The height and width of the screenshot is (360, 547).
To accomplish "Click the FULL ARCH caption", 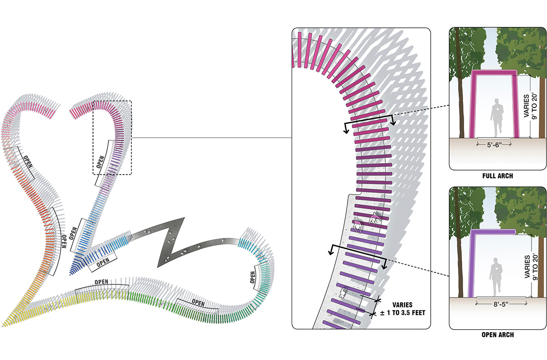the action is pos(497,176).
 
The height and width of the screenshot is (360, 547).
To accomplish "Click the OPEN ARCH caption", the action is pos(497,334).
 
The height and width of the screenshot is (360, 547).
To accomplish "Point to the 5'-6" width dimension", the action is pos(494,145).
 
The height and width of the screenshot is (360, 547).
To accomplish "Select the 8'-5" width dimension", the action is pos(501,304).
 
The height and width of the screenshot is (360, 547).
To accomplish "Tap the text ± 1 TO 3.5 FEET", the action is pos(403,313).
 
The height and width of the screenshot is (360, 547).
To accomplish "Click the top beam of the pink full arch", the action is pos(494,72).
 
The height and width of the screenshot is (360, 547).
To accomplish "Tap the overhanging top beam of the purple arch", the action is pos(493,232).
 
